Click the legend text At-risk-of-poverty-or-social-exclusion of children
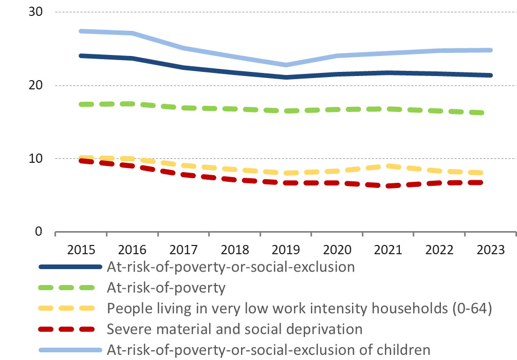tap(268, 350)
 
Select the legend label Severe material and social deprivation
tap(234, 329)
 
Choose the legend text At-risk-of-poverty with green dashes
tap(166, 288)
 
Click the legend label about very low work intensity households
tap(300, 309)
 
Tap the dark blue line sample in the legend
tap(71, 267)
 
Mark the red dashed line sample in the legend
tap(71, 329)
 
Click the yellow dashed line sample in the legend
tap(71, 309)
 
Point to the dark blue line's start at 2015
tap(81, 55)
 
